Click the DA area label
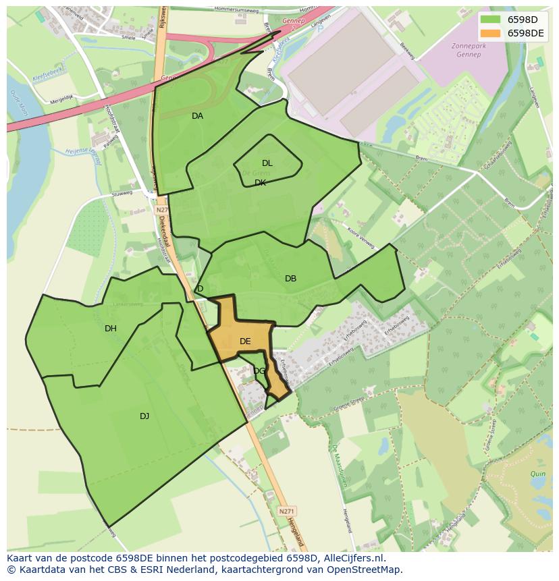[197, 116]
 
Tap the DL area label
[267, 163]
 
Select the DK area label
[261, 183]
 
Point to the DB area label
[290, 279]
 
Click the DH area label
[111, 329]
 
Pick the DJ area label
[144, 416]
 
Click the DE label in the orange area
[245, 341]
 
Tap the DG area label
[259, 370]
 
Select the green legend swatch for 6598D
[491, 20]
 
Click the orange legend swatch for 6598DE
[491, 33]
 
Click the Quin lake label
[537, 474]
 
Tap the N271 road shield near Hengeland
[286, 511]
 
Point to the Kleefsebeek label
[48, 78]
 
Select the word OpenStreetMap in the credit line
[365, 570]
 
